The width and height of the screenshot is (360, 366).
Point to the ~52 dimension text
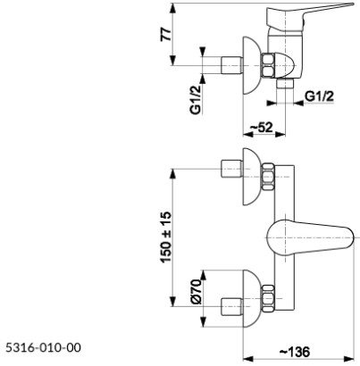pos(260,129)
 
